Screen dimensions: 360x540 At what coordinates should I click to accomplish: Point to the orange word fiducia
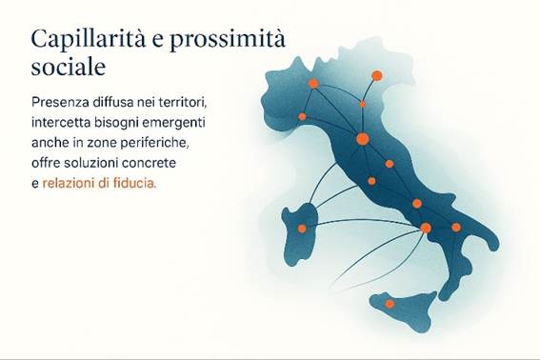click(131, 183)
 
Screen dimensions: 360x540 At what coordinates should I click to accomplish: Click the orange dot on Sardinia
click(302, 229)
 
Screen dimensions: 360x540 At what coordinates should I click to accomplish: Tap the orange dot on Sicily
click(390, 304)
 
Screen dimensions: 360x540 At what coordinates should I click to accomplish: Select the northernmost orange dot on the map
click(376, 75)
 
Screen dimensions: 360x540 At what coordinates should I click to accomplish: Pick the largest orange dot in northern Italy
click(362, 139)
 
